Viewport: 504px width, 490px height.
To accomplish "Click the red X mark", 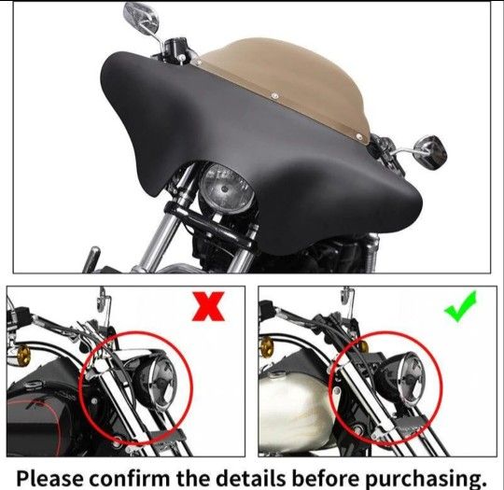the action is point(208,306).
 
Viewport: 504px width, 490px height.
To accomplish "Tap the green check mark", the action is point(461,306).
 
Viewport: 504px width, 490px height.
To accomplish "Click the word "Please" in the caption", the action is point(49,478).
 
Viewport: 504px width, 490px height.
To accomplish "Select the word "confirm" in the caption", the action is point(129,478).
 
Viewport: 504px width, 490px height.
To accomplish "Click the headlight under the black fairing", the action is point(226,189).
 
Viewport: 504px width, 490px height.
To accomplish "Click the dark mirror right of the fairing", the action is point(430,150).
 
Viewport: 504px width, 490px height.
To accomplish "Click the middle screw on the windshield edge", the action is point(274,95).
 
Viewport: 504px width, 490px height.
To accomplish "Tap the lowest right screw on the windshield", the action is point(359,137).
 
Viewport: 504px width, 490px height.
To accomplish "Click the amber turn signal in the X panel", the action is point(23,353).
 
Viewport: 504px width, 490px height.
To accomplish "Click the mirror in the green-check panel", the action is point(347,295).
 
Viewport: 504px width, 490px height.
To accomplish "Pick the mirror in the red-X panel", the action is point(103,295).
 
